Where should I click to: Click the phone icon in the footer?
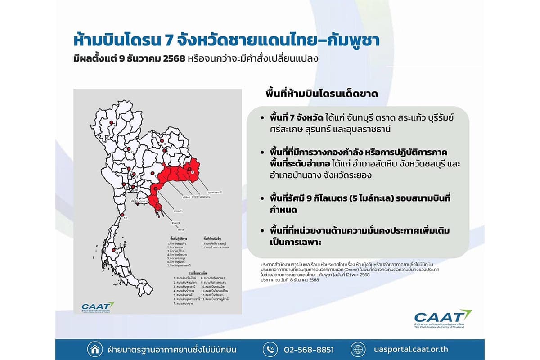pos(269,349)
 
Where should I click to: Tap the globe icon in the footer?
pos(358,349)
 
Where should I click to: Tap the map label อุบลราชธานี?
pos(216,191)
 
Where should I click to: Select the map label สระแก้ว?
pos(177,210)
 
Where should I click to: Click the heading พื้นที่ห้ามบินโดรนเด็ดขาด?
pos(321,94)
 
